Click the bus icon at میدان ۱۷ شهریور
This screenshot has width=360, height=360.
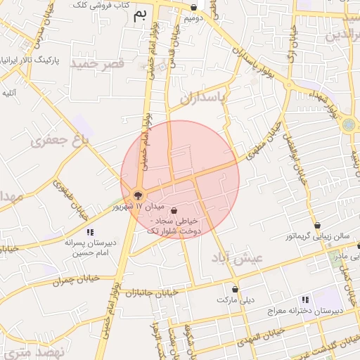(138, 195)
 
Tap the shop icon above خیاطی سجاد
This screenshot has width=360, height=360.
(174, 210)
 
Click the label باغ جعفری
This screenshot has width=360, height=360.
(65, 142)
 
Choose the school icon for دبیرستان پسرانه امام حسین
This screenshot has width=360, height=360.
(89, 232)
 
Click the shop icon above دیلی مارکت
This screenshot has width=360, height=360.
(235, 289)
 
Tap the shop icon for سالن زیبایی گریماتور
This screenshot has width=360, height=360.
(318, 226)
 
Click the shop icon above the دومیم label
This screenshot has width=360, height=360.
(194, 8)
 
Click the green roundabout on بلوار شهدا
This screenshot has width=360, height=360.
(349, 125)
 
